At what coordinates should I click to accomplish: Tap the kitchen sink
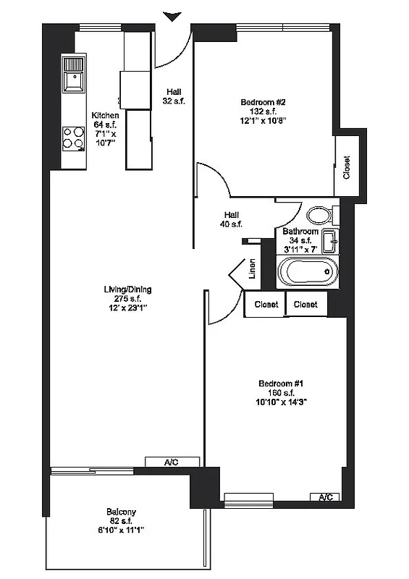click(73, 75)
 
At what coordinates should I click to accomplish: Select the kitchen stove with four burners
click(73, 137)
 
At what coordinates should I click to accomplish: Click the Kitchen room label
click(105, 115)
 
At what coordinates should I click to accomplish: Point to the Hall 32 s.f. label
click(174, 96)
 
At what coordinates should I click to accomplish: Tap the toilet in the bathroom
click(319, 215)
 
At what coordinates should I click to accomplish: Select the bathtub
click(308, 274)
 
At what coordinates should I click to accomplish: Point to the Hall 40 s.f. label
click(232, 219)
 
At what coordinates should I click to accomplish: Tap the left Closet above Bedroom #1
click(265, 305)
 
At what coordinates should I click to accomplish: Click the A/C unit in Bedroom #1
click(326, 496)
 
